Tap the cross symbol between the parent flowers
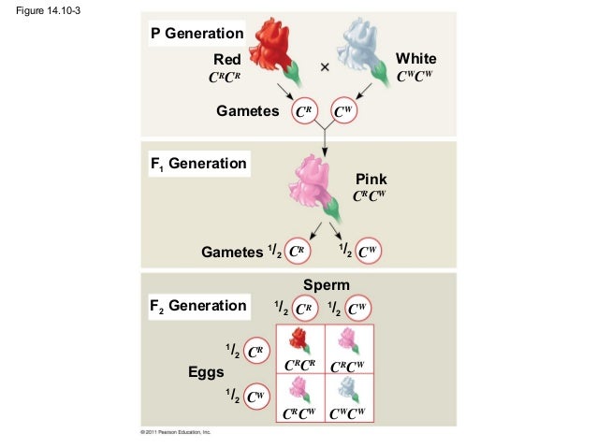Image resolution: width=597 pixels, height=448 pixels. (325, 67)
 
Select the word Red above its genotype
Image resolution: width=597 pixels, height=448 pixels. (227, 60)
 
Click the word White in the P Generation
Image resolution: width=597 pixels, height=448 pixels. (415, 59)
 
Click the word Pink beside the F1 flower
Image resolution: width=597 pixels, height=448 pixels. (371, 179)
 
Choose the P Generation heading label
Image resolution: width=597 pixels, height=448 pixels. (197, 35)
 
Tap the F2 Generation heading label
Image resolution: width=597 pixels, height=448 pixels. (197, 306)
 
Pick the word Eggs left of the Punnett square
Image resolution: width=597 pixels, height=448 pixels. (206, 371)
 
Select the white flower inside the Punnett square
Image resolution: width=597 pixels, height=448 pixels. (349, 387)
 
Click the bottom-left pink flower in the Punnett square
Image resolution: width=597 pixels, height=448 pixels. (300, 387)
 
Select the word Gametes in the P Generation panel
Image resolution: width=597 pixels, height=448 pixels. (248, 111)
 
